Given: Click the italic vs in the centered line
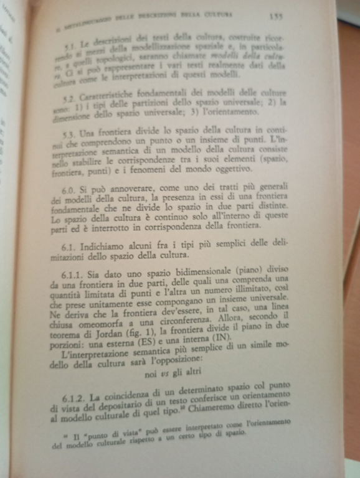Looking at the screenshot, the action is pyautogui.click(x=171, y=375).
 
